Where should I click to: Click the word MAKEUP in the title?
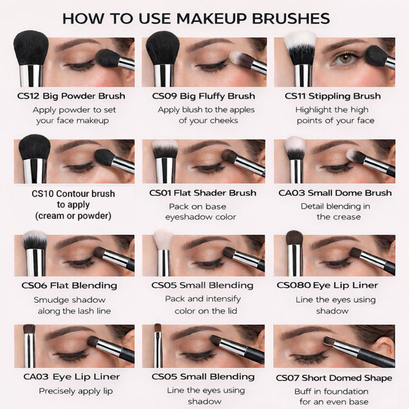click(x=211, y=18)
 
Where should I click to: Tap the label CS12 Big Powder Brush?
click(x=71, y=96)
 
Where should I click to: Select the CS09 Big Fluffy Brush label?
click(x=203, y=96)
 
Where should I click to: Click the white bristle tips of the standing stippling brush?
click(x=300, y=39)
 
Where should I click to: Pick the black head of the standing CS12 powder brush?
click(x=31, y=48)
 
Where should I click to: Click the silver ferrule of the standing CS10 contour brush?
click(x=35, y=171)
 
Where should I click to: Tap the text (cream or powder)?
click(x=73, y=216)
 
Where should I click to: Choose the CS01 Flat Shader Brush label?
click(x=203, y=193)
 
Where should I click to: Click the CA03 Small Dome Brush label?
click(x=335, y=193)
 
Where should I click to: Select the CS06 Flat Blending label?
click(x=69, y=285)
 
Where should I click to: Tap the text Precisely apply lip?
click(x=76, y=391)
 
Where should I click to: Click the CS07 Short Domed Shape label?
click(x=334, y=378)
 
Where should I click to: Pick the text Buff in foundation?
click(x=331, y=391)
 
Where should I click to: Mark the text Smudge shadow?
click(x=70, y=300)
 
